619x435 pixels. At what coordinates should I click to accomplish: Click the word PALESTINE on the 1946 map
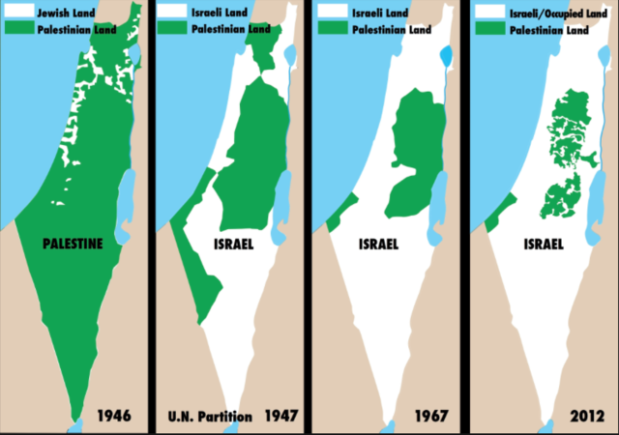[x=74, y=244]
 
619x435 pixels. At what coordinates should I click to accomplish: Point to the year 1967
[x=429, y=417]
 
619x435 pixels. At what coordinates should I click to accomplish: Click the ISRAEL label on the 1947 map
[x=233, y=244]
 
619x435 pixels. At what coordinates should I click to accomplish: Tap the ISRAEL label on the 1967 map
[x=379, y=244]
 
